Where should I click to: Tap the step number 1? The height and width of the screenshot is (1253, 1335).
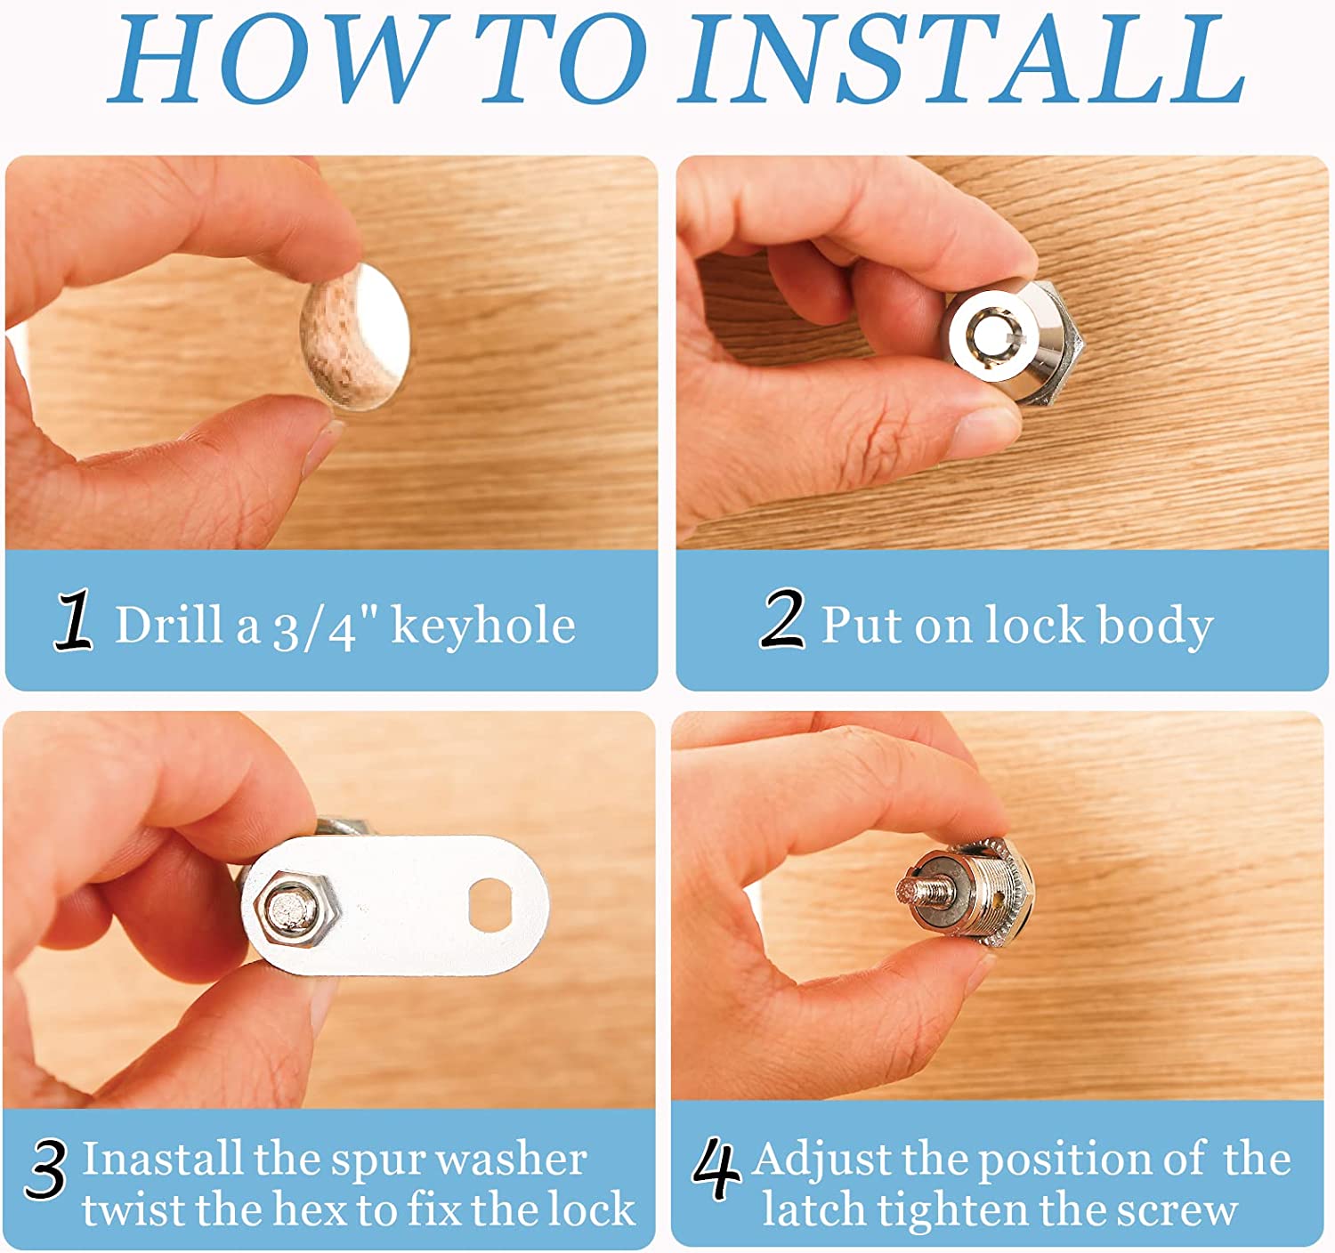[x=73, y=619]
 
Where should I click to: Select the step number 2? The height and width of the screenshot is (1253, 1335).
[x=782, y=618]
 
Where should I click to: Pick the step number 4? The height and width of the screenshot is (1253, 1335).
[x=716, y=1168]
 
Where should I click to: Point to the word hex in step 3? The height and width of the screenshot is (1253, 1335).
[x=311, y=1210]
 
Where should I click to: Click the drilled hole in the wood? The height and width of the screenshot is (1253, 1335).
[x=355, y=337]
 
